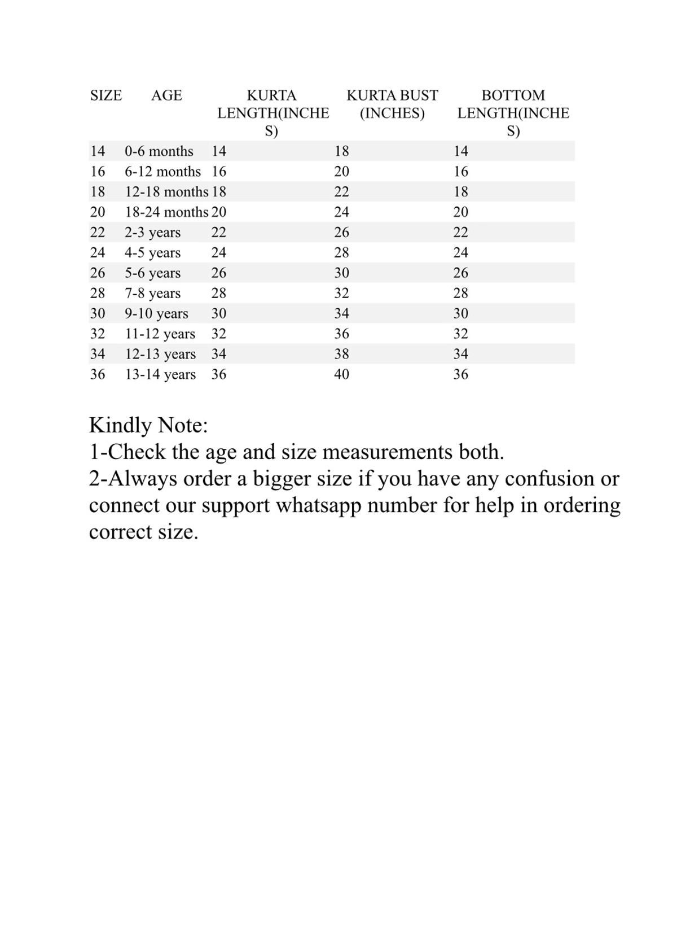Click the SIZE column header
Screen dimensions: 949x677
tap(106, 95)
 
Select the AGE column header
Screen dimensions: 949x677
tap(166, 95)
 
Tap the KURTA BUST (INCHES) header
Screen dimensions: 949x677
tap(392, 104)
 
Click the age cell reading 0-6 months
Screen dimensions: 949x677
tap(159, 151)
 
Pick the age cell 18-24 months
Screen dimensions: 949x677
tap(166, 212)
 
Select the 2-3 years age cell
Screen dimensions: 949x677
tap(152, 233)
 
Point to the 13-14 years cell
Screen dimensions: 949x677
tap(160, 374)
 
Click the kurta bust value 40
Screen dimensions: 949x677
tap(341, 374)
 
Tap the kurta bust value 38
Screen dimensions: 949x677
tap(341, 354)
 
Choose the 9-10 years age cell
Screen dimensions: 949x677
tap(156, 314)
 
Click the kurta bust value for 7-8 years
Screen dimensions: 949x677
tap(341, 293)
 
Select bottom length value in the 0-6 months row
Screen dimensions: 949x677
tap(460, 151)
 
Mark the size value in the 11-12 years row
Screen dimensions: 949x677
tap(98, 334)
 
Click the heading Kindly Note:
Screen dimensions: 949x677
tap(148, 425)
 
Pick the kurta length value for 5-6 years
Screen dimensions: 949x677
tap(218, 273)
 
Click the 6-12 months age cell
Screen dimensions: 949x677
tap(162, 172)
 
